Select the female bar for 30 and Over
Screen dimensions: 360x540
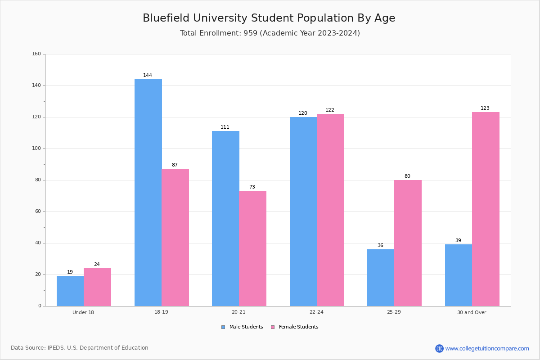click(x=486, y=209)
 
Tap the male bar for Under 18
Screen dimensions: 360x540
click(x=70, y=291)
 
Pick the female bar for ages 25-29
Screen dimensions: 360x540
click(x=408, y=243)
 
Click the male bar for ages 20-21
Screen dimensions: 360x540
click(x=225, y=218)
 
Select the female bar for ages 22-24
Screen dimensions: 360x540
click(x=330, y=210)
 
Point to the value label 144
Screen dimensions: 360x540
click(x=148, y=75)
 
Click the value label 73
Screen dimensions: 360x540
click(x=252, y=187)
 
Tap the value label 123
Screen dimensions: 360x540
click(x=485, y=108)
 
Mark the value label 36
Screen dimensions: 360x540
click(x=380, y=245)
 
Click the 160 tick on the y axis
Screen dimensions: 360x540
click(x=36, y=54)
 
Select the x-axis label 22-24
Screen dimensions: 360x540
click(x=316, y=312)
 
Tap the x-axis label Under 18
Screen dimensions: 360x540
click(x=83, y=312)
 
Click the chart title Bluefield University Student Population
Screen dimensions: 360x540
click(x=269, y=18)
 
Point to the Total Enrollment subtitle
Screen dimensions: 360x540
click(x=270, y=33)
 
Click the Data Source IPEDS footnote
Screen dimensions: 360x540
click(x=80, y=348)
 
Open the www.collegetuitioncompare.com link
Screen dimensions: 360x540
click(x=487, y=348)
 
